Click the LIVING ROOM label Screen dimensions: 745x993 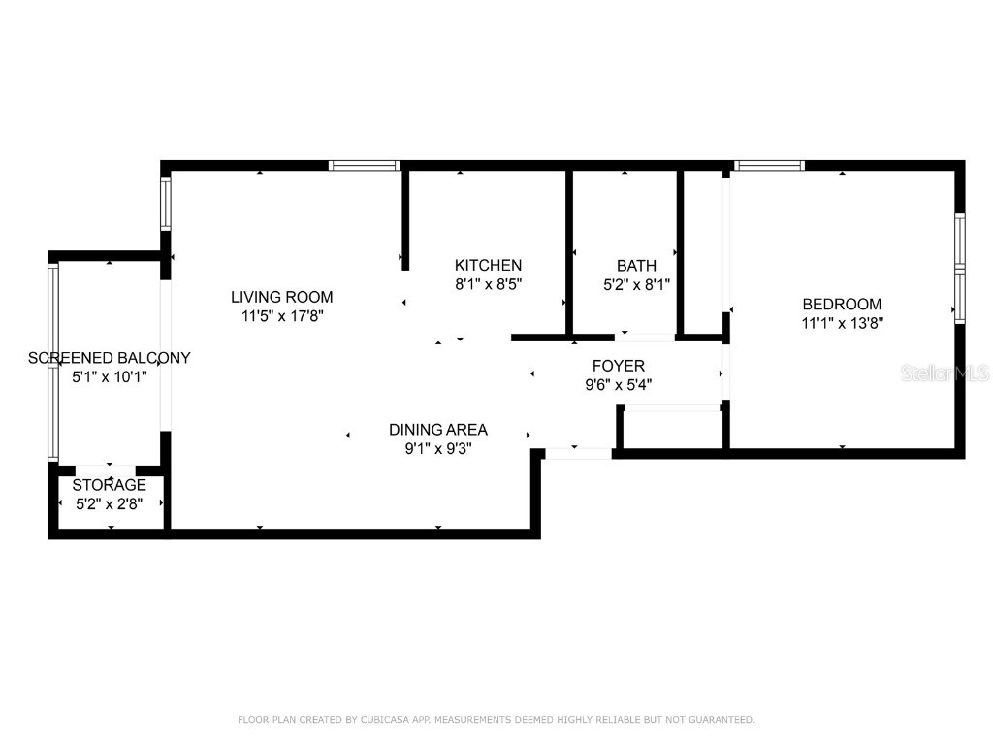[281, 297]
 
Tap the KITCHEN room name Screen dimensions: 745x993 [489, 265]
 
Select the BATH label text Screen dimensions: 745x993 [636, 265]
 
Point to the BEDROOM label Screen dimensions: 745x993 [842, 304]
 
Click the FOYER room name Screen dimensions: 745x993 [619, 366]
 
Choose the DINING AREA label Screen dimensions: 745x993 [438, 429]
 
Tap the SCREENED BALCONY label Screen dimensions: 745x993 [110, 357]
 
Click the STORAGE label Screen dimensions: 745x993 [110, 484]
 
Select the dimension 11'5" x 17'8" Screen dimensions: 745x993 [281, 316]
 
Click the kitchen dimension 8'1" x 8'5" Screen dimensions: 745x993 [489, 284]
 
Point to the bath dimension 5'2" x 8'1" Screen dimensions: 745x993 [636, 284]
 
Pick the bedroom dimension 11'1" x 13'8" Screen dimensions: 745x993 [842, 323]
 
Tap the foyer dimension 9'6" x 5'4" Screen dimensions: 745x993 [619, 384]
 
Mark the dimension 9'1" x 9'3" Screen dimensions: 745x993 [438, 448]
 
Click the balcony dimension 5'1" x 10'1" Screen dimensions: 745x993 [110, 376]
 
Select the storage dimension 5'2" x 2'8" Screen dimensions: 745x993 [110, 503]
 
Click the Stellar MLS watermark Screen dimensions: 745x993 [945, 372]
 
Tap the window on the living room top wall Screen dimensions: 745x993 [364, 166]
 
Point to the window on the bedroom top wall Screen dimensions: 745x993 [769, 166]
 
